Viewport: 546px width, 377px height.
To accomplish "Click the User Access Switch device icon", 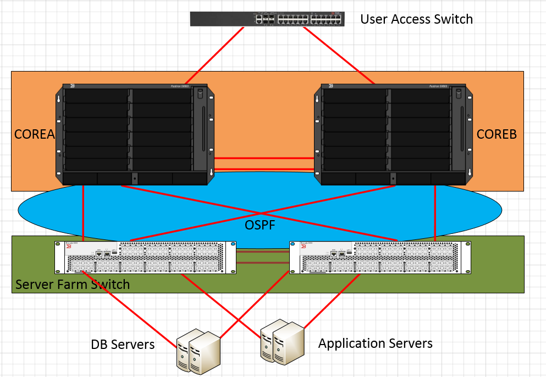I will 267,19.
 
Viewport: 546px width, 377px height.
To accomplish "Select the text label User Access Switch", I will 416,19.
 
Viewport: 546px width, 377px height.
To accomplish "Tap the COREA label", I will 35,134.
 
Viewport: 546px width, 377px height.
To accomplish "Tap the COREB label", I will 497,134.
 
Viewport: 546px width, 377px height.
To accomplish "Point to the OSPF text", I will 260,225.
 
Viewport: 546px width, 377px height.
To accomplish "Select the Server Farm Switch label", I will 73,285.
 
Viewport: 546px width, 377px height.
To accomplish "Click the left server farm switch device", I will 145,257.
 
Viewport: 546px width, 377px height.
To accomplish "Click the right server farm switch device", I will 380,257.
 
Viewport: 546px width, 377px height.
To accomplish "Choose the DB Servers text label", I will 123,345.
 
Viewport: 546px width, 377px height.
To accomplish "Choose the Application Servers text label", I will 375,343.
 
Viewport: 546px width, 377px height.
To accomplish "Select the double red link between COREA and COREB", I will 263,163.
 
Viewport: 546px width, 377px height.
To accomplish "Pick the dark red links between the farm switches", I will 262,258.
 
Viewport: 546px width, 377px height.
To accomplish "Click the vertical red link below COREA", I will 83,212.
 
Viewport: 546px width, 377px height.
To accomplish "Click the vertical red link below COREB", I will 435,212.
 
